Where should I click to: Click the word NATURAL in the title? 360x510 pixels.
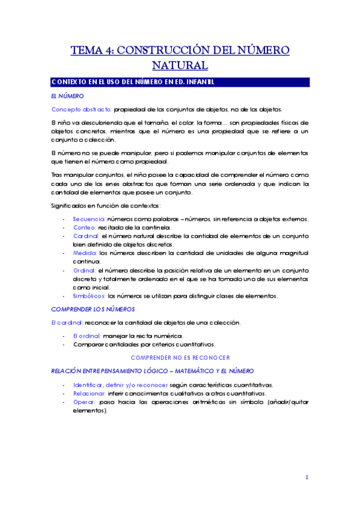(x=180, y=64)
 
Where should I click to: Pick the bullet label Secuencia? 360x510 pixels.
(x=89, y=219)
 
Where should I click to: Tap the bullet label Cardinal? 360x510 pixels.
(x=87, y=236)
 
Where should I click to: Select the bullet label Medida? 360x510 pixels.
(x=85, y=253)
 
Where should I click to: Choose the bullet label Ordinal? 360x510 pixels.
(x=85, y=271)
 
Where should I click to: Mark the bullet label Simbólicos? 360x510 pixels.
(x=89, y=296)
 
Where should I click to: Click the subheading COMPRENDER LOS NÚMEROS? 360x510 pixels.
(x=88, y=309)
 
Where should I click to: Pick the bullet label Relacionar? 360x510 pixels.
(x=90, y=392)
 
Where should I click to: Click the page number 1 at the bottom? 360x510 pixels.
(x=307, y=478)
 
